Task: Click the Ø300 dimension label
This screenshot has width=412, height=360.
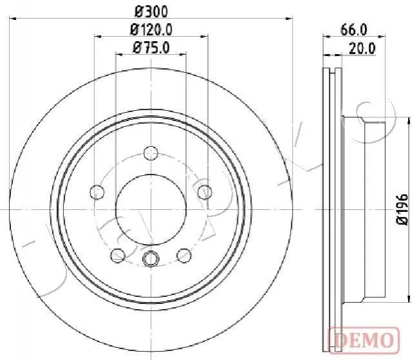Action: (x=151, y=12)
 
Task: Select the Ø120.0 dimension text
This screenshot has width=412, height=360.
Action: (x=151, y=30)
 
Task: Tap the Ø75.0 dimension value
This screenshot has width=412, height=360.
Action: (x=151, y=48)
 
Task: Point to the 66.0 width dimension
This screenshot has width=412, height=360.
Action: (x=354, y=30)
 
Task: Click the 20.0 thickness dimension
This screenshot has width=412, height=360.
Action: (x=362, y=48)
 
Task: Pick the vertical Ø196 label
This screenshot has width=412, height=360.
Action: (x=402, y=209)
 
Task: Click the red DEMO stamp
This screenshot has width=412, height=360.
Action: (x=364, y=340)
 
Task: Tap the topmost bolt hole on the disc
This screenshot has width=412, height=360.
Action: (x=151, y=153)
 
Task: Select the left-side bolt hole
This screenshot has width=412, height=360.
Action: (x=97, y=192)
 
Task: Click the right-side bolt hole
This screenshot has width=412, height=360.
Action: (x=205, y=192)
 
